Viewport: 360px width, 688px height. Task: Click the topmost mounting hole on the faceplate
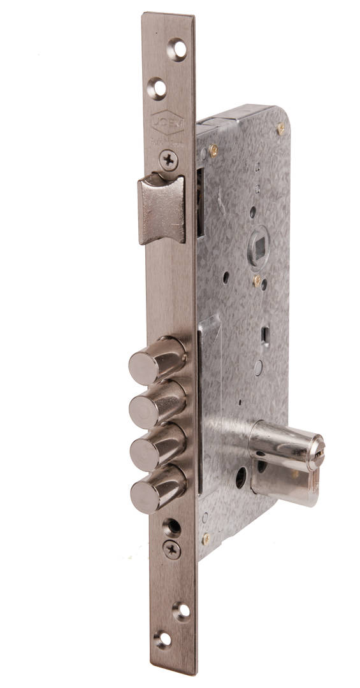point(176,49)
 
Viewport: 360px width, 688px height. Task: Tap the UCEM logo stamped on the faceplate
point(168,123)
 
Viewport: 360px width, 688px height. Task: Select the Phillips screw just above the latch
point(169,160)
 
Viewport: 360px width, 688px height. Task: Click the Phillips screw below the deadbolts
point(171,549)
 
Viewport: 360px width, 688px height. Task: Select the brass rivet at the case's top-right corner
point(280,129)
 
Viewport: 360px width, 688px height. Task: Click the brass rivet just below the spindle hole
point(257,280)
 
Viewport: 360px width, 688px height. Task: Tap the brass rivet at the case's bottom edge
point(206,538)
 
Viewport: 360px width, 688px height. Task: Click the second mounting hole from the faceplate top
point(156,88)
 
